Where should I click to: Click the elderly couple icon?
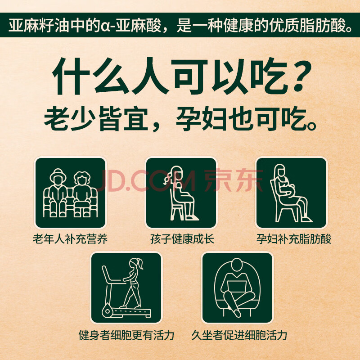tap(70, 193)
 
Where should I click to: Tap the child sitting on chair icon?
tap(181, 193)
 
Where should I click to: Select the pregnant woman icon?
tap(291, 193)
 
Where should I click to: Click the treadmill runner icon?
tap(126, 288)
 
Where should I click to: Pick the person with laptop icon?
tap(237, 288)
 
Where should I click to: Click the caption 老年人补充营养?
tap(70, 239)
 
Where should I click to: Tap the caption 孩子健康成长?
tap(182, 239)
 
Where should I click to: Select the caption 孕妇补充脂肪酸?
tap(294, 239)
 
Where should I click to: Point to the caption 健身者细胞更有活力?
tap(126, 335)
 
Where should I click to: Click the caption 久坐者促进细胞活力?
tap(239, 335)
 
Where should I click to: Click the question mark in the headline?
tap(300, 76)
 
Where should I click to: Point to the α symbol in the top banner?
tap(104, 26)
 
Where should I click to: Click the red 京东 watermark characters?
tap(233, 180)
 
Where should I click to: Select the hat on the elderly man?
tap(58, 173)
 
